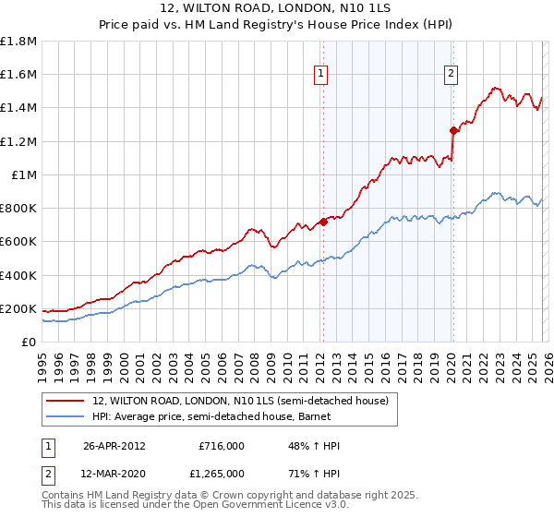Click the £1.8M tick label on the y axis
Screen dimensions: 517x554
[18, 42]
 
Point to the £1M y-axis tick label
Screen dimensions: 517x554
[23, 174]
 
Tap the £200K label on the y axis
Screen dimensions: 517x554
[18, 308]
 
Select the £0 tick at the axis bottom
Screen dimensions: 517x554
[30, 342]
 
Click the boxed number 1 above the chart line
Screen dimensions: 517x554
[320, 75]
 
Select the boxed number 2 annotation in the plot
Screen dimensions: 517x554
[451, 75]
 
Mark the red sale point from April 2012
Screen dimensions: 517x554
[323, 222]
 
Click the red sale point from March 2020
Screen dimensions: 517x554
[453, 130]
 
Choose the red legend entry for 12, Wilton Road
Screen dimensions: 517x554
[246, 401]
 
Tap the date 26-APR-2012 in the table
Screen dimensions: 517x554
[114, 446]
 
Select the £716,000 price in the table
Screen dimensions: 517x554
[221, 446]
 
